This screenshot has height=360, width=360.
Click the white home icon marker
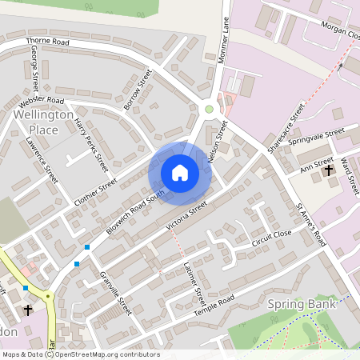pos(180,172)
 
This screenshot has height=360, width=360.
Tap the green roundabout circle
pos(210,109)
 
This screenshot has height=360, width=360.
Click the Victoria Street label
pos(186,214)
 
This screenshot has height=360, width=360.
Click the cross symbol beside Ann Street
pos(328,170)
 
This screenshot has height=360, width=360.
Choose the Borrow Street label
pos(138,90)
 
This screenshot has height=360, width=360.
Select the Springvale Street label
pos(317,136)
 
